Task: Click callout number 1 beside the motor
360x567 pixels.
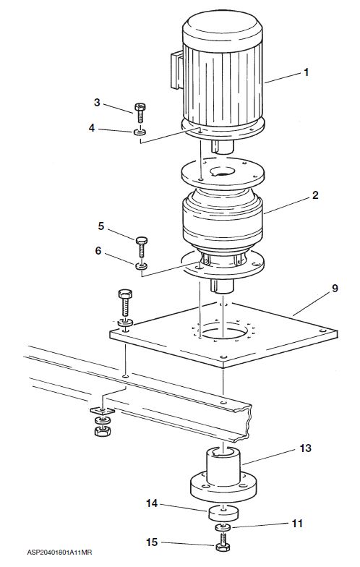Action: pyautogui.click(x=307, y=72)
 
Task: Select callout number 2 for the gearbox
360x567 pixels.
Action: pyautogui.click(x=315, y=195)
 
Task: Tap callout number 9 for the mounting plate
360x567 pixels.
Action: pyautogui.click(x=335, y=289)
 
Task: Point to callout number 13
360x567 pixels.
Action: pyautogui.click(x=305, y=448)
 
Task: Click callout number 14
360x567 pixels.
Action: pyautogui.click(x=152, y=503)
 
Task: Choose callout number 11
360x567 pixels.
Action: pyautogui.click(x=297, y=524)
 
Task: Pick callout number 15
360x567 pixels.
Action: pyautogui.click(x=152, y=542)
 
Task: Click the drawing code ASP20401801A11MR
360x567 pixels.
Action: pyautogui.click(x=59, y=553)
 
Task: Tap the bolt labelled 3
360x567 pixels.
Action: pyautogui.click(x=140, y=113)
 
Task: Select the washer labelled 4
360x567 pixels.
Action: pyautogui.click(x=140, y=132)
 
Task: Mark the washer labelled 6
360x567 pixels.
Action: pyautogui.click(x=142, y=266)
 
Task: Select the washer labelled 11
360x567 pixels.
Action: pyautogui.click(x=223, y=527)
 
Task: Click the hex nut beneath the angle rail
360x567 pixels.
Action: pyautogui.click(x=103, y=430)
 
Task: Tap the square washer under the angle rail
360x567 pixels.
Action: pyautogui.click(x=103, y=411)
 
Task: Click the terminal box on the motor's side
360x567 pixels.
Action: pyautogui.click(x=176, y=70)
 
